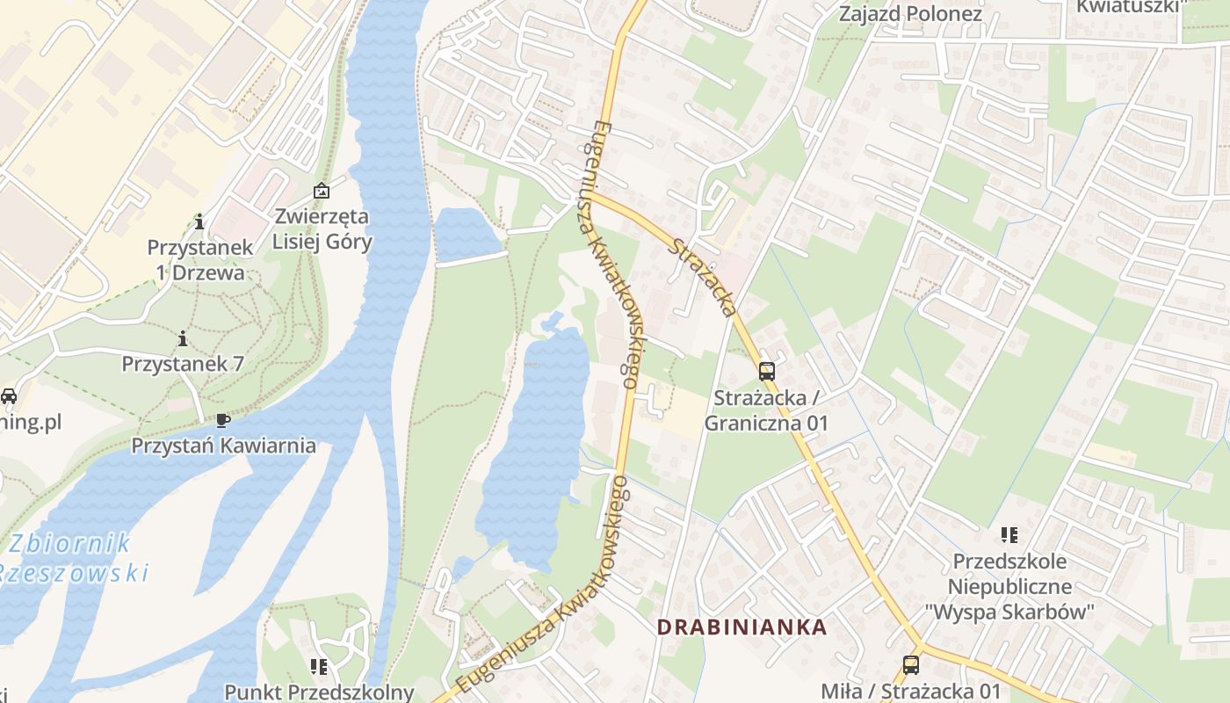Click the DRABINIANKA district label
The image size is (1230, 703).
[x=742, y=627]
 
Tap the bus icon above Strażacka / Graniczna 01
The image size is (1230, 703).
[x=767, y=371]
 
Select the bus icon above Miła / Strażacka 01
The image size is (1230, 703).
[x=911, y=665]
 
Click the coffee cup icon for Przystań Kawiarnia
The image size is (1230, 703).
[x=223, y=419]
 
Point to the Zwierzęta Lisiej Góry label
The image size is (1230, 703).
[x=322, y=228]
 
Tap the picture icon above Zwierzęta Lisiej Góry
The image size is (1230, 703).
[x=322, y=190]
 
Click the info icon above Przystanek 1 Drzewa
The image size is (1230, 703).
[x=199, y=221]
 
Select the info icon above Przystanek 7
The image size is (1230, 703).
[x=183, y=337]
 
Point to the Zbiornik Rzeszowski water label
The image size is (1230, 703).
[x=75, y=558]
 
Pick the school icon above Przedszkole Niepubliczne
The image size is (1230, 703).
[x=1009, y=534]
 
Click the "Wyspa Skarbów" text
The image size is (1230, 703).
[x=1009, y=612]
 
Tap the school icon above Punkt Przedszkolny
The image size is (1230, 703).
[x=318, y=667]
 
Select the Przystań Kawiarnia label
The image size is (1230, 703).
[x=223, y=445]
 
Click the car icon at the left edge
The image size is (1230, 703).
[x=8, y=396]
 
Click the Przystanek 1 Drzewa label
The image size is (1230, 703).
[x=199, y=259]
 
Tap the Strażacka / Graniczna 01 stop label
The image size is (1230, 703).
[x=767, y=410]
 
